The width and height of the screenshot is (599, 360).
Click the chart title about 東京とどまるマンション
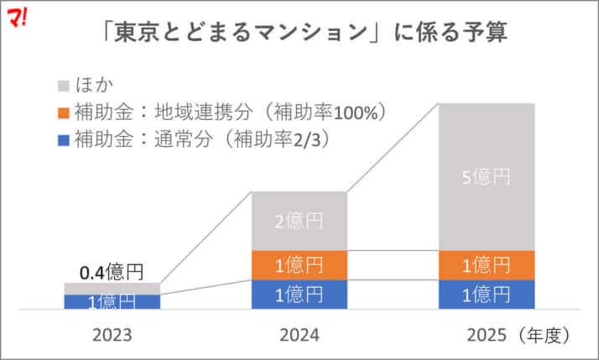299,34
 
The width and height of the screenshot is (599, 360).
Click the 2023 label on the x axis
112,335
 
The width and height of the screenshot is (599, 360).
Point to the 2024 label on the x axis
299,335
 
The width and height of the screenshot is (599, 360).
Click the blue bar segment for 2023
112,302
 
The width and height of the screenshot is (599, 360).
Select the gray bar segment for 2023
112,289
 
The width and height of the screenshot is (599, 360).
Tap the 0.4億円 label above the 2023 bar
112,272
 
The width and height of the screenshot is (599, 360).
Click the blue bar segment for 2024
299,295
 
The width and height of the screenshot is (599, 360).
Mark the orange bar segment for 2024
299,265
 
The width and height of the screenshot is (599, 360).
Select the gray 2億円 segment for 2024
299,222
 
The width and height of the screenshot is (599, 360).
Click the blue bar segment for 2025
487,295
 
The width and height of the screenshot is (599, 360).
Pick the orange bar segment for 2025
487,265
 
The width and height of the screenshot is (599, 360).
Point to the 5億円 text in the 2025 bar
487,178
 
